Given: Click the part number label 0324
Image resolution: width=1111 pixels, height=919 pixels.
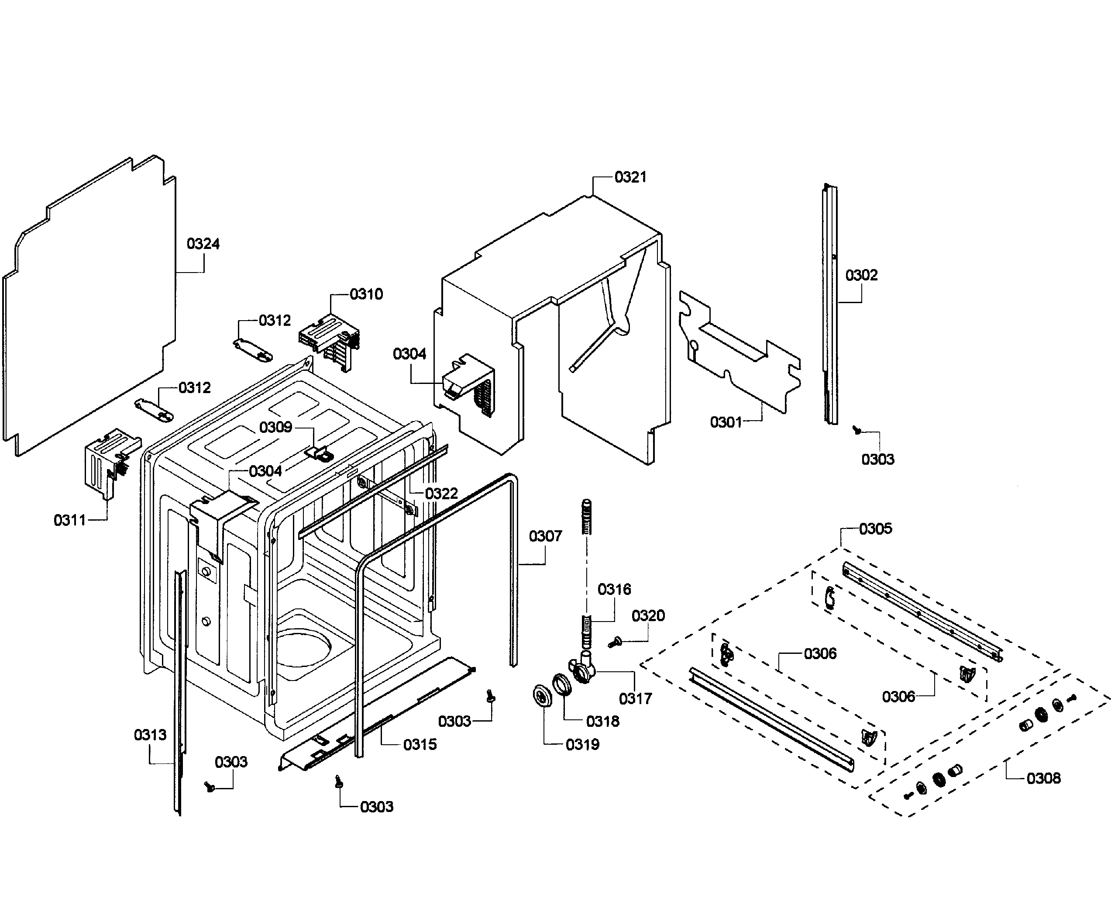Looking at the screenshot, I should (203, 244).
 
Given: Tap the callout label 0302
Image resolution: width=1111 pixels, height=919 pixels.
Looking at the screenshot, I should (861, 275).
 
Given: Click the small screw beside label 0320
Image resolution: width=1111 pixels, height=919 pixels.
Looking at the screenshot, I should (614, 643).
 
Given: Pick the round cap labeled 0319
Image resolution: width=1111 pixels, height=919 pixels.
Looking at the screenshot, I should (542, 694).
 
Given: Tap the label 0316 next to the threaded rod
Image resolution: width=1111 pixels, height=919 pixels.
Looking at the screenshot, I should (614, 589).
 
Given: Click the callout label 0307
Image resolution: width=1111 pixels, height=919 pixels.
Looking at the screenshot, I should (545, 536).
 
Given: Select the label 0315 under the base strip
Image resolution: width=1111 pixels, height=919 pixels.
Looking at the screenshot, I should (420, 744).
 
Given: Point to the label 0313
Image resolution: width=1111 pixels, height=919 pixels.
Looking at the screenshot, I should (150, 735).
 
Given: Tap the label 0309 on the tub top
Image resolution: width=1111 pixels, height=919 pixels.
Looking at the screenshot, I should (275, 427).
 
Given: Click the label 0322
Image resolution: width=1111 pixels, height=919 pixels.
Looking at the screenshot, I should (441, 494).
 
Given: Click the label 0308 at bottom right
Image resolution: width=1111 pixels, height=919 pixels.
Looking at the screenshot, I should (1043, 778).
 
